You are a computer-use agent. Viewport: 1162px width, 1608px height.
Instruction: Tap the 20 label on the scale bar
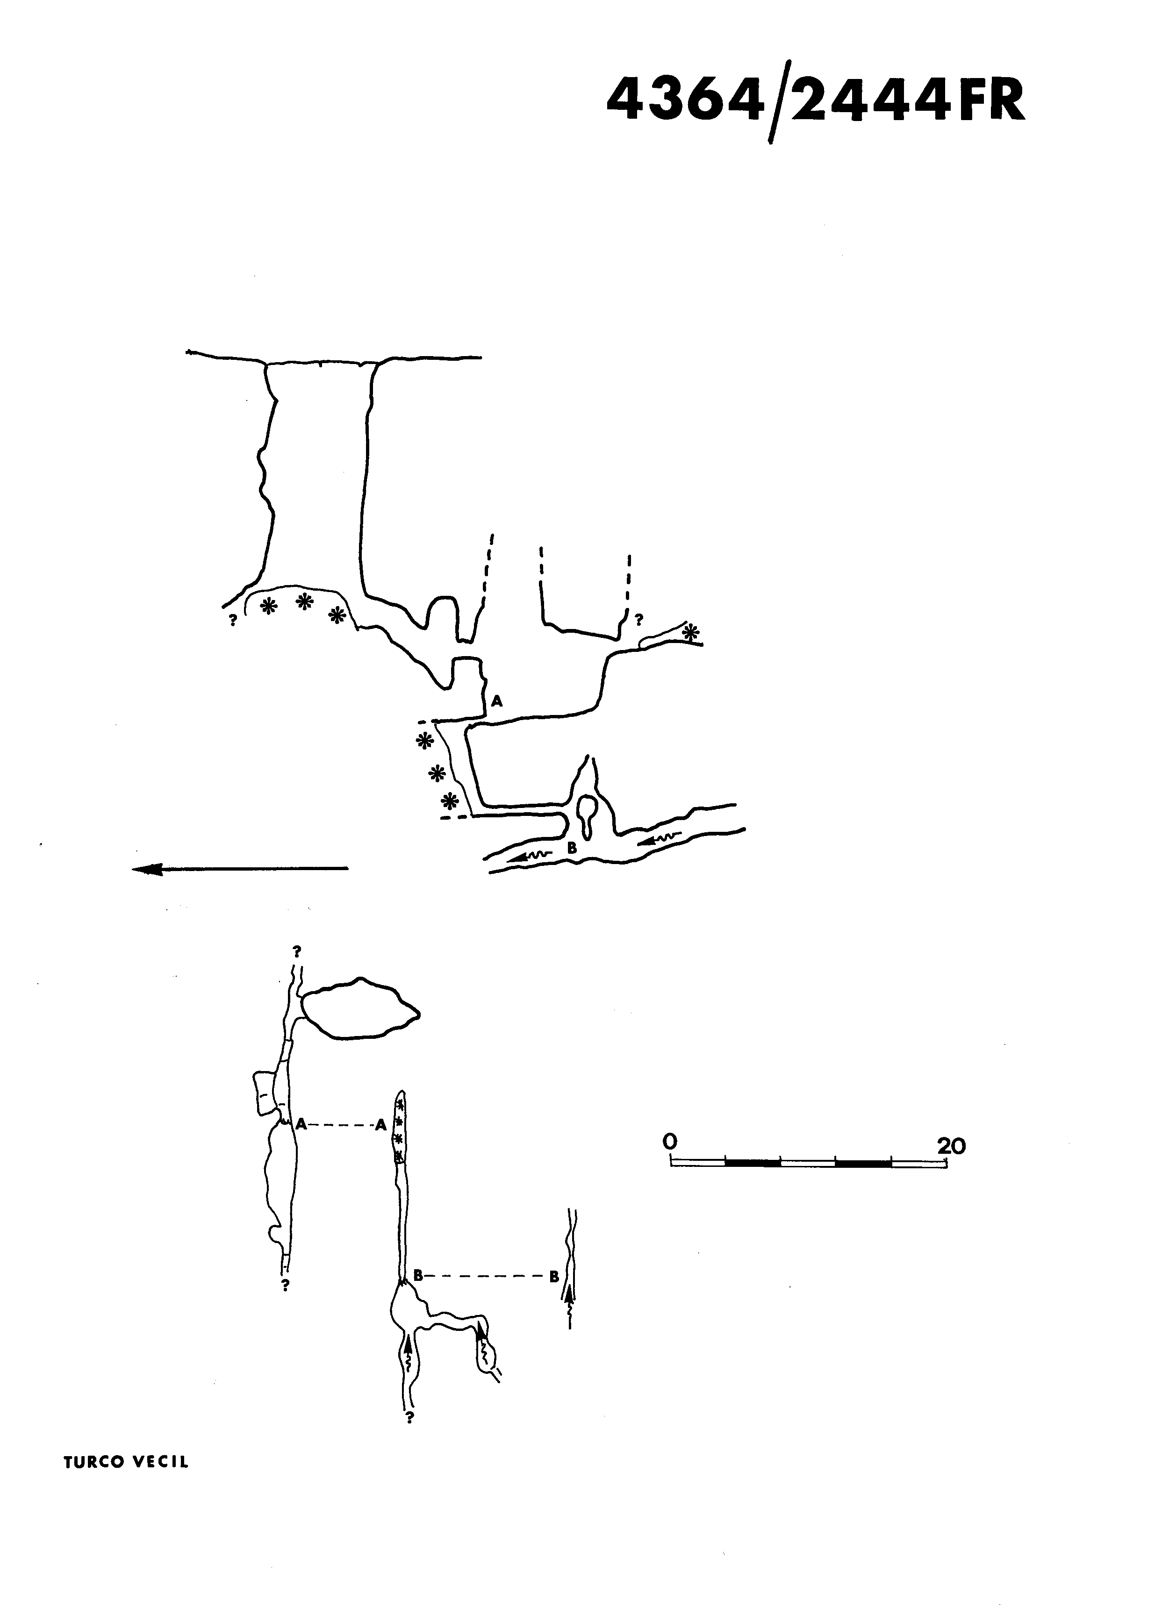[951, 1146]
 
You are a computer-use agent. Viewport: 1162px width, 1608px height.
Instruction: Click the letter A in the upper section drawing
[497, 701]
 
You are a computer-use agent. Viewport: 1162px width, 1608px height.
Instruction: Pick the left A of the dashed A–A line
[301, 1124]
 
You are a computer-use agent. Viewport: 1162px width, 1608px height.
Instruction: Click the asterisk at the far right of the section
[690, 632]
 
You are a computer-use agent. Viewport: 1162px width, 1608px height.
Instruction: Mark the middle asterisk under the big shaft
[304, 602]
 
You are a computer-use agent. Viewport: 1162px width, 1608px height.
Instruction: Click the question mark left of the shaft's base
[232, 619]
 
